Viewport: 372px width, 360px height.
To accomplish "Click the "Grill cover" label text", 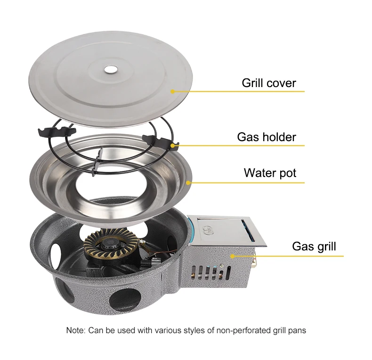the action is (269, 83).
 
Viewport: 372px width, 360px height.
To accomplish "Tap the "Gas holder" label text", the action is (267, 137).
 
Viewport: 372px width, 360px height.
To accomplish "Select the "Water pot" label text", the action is (270, 173).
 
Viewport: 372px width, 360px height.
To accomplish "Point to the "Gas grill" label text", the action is (314, 247).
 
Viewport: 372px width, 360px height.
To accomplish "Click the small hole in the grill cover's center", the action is (111, 70).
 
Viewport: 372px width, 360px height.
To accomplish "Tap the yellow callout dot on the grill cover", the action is (173, 92).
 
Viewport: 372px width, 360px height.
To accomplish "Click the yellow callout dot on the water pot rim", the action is (188, 183).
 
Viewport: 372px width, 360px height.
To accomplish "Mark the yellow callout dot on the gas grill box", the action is (233, 256).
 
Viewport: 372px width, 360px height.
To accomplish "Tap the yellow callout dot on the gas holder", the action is (173, 145).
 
